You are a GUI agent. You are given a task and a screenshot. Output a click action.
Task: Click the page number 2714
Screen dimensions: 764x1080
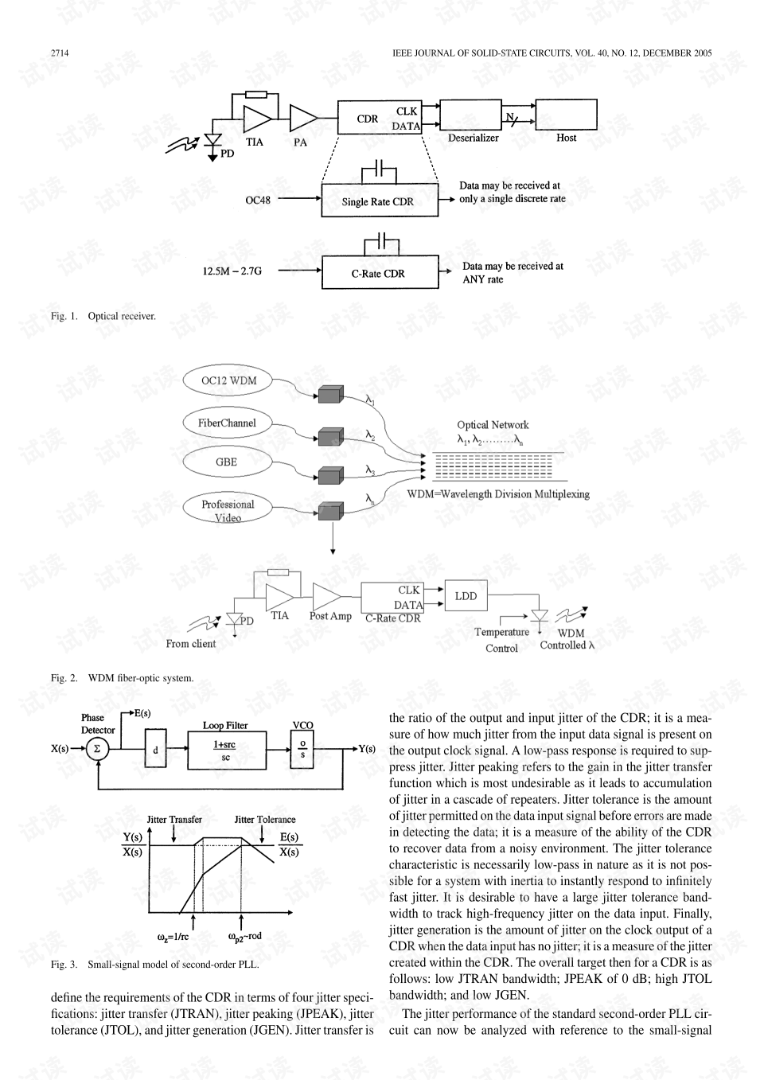coord(60,53)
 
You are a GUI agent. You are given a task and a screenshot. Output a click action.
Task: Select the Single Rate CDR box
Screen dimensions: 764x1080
coord(380,200)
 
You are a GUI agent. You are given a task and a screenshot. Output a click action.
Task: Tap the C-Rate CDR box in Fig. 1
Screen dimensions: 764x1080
coord(380,272)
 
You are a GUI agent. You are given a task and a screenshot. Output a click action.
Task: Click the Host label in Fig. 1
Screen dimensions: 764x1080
coord(567,138)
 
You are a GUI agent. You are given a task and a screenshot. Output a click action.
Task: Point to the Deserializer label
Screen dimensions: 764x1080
coord(474,138)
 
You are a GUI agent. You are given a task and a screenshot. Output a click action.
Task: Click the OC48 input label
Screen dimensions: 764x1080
coord(258,200)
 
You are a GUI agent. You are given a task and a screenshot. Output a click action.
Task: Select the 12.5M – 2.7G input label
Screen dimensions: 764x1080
coord(232,271)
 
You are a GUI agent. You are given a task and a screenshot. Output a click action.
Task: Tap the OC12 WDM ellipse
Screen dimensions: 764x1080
coord(228,380)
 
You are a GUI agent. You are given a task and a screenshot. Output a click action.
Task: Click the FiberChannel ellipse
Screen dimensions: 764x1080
coord(227,423)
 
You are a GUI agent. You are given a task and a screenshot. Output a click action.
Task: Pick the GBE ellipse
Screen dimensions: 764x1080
coord(227,462)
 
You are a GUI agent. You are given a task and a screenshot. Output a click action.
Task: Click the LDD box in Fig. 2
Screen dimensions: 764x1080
coord(466,596)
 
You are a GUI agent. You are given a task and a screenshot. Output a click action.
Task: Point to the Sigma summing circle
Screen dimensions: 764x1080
coord(97,749)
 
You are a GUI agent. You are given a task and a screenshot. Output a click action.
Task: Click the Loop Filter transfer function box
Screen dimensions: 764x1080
coord(227,751)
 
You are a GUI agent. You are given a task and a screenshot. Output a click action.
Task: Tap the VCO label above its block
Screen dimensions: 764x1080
coord(302,725)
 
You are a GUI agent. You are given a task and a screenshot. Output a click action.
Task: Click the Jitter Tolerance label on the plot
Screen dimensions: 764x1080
coord(265,820)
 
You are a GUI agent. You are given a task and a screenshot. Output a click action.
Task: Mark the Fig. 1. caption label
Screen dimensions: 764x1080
coord(64,316)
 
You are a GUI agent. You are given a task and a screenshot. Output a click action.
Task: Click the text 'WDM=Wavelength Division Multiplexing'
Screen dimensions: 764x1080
coord(498,494)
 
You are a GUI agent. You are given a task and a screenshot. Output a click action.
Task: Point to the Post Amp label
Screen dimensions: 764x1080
coord(330,616)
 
